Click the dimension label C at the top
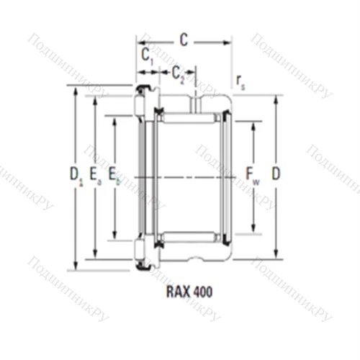(x=184, y=41)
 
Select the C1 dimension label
(x=147, y=56)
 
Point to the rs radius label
(x=240, y=84)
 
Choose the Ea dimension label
(x=95, y=174)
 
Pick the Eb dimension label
(x=114, y=174)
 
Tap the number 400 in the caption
(x=202, y=293)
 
